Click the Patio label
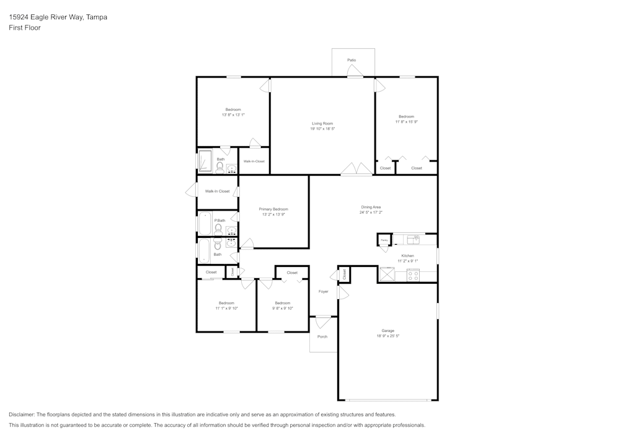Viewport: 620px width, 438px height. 352,60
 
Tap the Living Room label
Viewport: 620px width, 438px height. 322,123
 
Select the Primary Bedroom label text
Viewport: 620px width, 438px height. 273,209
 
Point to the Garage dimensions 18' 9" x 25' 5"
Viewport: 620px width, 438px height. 387,336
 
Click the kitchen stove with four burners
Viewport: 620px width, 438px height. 413,274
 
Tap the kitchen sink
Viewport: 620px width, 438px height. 414,239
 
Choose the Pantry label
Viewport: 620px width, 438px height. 384,240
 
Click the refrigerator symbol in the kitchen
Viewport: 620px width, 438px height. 387,274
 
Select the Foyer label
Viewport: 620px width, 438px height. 323,291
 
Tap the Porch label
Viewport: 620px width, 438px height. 322,336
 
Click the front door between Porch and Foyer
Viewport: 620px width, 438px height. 323,320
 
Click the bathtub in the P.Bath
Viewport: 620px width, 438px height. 205,224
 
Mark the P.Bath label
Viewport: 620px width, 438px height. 219,221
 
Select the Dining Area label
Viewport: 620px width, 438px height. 371,207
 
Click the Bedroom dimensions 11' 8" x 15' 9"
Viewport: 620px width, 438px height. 406,122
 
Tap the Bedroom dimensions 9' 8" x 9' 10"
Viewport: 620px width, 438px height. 281,308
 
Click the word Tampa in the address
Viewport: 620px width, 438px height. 97,17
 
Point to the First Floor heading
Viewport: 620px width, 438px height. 25,28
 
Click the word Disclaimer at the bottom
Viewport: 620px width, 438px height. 22,414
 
